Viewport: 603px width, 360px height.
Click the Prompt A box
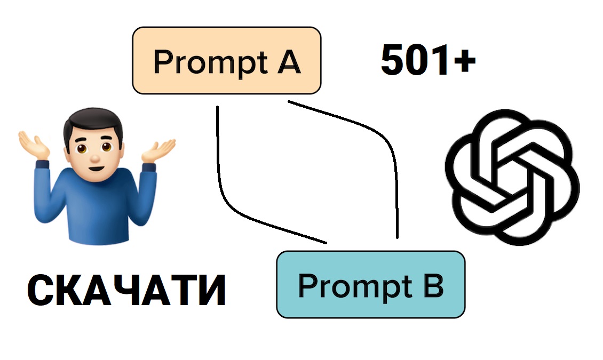pos(226,60)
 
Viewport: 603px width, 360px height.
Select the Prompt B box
pos(371,285)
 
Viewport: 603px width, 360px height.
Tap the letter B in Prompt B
pos(433,286)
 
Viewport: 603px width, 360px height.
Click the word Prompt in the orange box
pos(211,63)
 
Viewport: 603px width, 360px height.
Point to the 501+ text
pos(428,60)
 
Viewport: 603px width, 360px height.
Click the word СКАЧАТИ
pos(126,290)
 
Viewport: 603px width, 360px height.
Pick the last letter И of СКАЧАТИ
pos(211,290)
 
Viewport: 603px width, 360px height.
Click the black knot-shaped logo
pos(512,177)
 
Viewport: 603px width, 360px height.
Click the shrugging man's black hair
pos(93,123)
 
